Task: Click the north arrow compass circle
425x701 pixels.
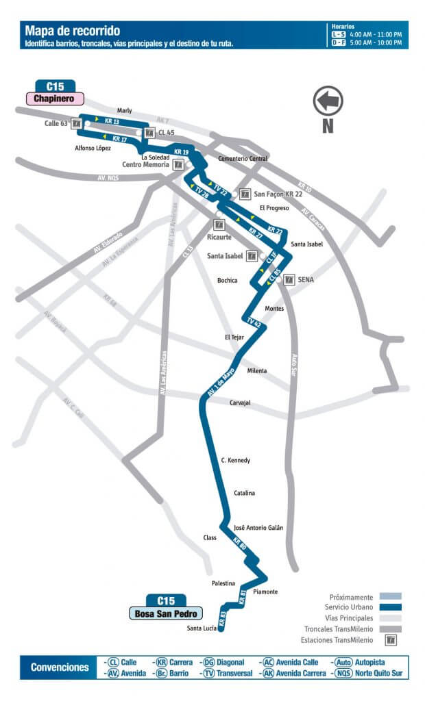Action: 328,100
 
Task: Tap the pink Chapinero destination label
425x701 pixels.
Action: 55,99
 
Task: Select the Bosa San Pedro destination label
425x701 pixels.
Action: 167,613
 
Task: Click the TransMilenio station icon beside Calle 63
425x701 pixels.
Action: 77,124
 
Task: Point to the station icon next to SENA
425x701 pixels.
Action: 289,279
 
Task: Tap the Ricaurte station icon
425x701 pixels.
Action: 219,225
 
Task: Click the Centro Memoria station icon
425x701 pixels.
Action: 179,164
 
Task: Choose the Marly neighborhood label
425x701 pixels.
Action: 124,110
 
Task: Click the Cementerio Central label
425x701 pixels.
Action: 242,159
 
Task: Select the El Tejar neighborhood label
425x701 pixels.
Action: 234,337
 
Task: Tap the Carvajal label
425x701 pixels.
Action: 240,403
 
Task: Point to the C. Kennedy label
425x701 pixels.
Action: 235,460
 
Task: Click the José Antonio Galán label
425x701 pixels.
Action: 258,528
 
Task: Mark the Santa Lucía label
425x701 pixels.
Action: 202,628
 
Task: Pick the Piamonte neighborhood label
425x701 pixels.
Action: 265,591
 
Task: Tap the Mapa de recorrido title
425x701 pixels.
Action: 72,31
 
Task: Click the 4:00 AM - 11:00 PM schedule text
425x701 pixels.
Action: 376,34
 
